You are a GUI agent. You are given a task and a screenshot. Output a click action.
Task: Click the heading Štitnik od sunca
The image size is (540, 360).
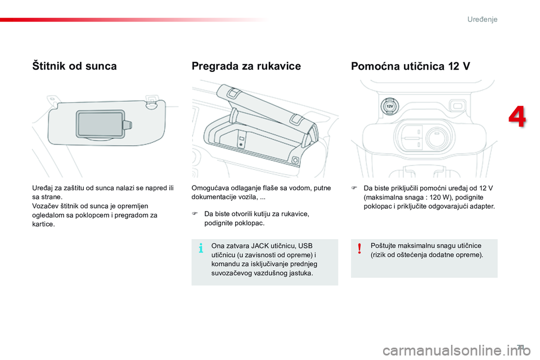point(75,66)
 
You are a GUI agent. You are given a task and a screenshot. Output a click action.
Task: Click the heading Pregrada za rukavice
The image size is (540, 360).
point(246,66)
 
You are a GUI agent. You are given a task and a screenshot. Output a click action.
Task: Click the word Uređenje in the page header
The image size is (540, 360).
point(482,19)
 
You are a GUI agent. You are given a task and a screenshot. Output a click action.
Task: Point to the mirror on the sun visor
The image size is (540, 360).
point(100,124)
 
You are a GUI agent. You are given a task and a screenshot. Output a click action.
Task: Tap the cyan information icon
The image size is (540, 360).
point(201,248)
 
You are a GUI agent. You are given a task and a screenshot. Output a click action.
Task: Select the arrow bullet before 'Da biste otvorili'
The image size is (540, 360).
point(195,214)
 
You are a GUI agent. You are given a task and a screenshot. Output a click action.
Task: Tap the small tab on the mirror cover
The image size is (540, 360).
point(128,124)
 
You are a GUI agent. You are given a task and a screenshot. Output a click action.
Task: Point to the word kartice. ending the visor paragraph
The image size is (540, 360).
point(44,224)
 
